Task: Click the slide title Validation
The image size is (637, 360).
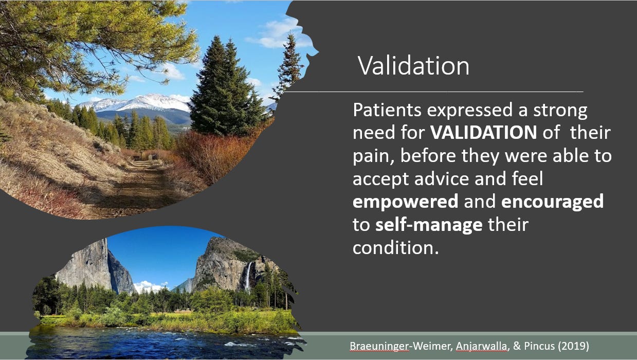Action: coord(413,66)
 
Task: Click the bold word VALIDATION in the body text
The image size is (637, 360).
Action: coord(483,132)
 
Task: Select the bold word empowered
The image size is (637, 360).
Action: coord(406,202)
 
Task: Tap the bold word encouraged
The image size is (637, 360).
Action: coord(552,202)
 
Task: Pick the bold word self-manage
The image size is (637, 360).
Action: coord(429,225)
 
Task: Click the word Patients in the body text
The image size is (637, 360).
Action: coord(387,110)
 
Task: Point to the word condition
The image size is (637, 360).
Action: coord(395,248)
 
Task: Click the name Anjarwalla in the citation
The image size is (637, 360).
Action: coord(482,346)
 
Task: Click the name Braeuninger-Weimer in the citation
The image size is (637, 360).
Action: coord(401,346)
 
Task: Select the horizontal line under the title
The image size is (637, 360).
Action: coord(434,92)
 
